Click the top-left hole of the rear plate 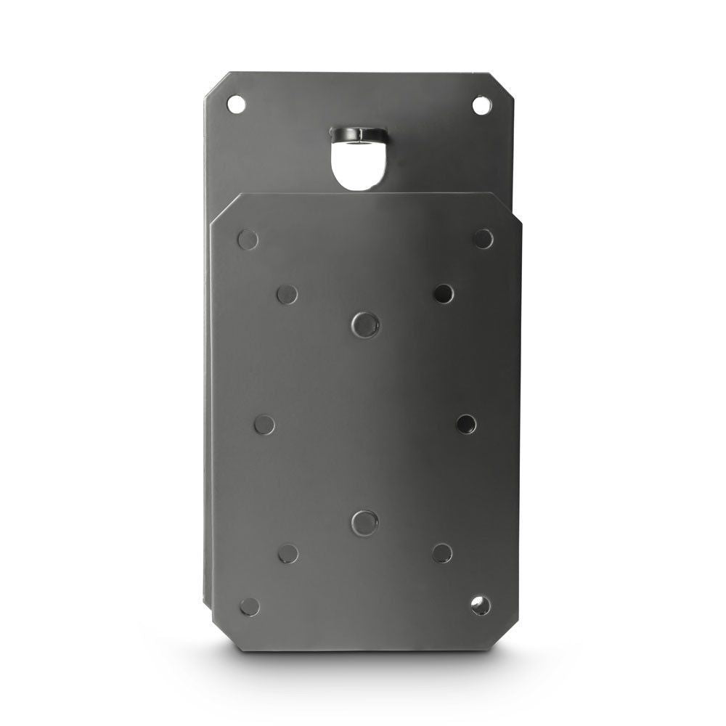point(236,104)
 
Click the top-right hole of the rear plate point(481,105)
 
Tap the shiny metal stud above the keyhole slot point(357,134)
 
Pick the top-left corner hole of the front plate point(248,239)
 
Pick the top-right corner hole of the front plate point(483,238)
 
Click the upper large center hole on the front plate point(364,324)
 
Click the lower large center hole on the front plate point(364,522)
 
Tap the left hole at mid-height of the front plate point(264,425)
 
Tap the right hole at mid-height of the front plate point(466,424)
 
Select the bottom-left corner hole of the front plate point(250,606)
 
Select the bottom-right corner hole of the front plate point(481,605)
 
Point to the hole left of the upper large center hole point(287,294)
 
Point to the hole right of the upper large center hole point(444,293)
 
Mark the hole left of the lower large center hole point(288,554)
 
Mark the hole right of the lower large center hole point(442,553)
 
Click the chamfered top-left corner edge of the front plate point(224,208)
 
